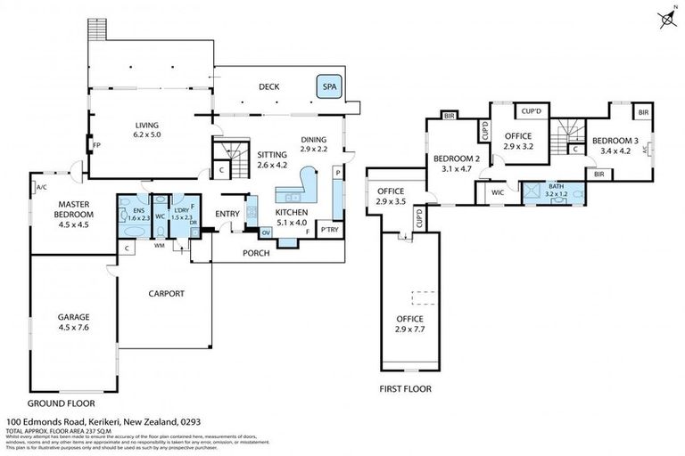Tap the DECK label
tap(268, 87)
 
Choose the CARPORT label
tap(166, 293)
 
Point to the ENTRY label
tap(228, 213)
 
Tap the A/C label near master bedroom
tap(41, 187)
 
